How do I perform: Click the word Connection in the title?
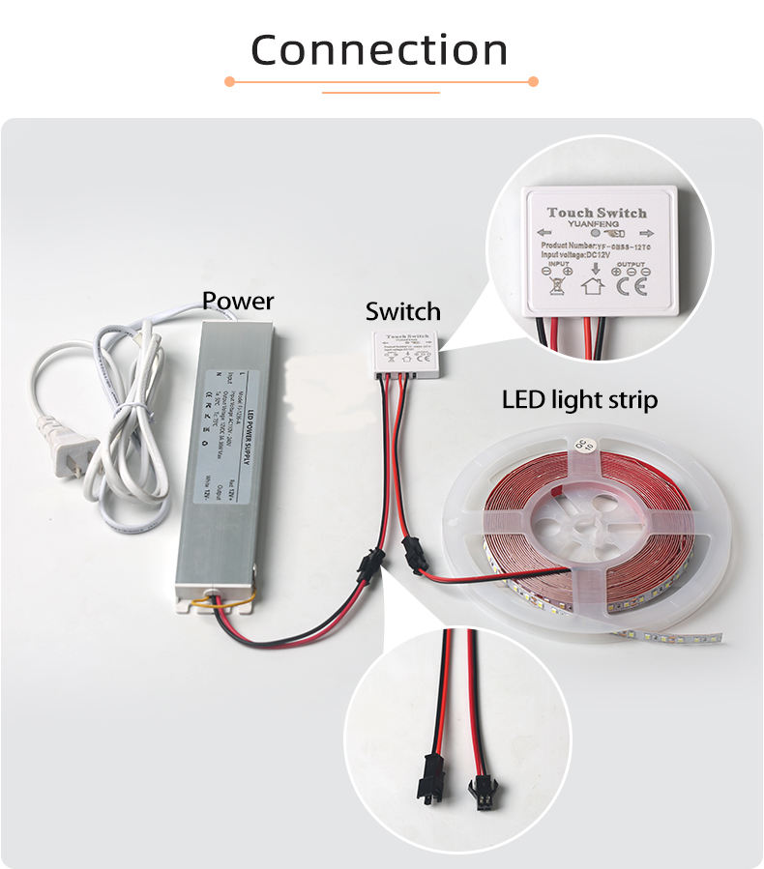coord(379,49)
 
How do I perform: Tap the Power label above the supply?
coord(238,301)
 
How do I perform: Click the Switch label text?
coord(402,311)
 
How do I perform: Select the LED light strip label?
coord(579,399)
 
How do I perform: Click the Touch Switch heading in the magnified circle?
coord(596,212)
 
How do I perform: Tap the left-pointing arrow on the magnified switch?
coord(544,232)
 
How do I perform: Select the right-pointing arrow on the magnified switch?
coord(646,233)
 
